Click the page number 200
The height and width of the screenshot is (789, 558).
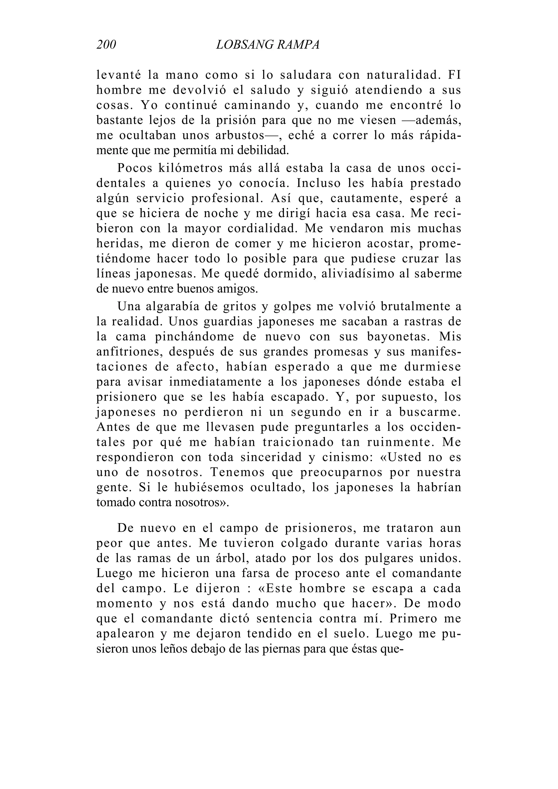(106, 45)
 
